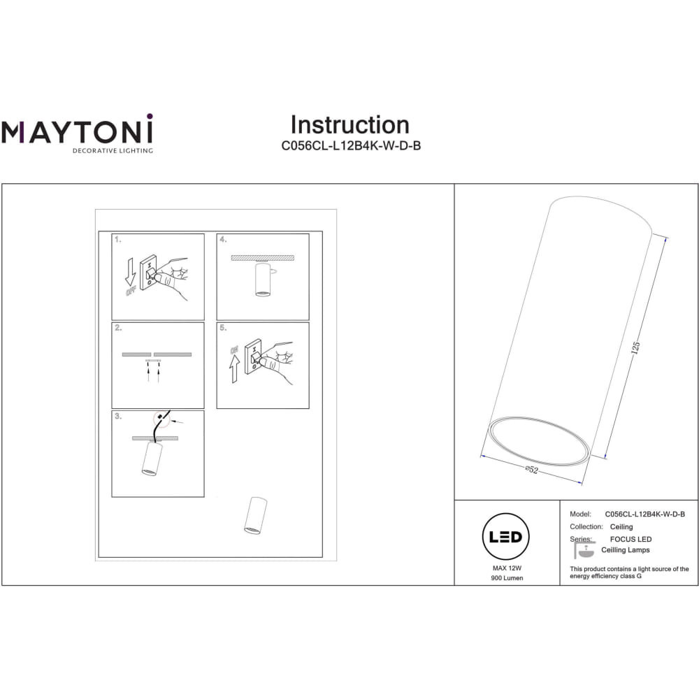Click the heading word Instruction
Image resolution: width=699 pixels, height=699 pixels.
click(350, 125)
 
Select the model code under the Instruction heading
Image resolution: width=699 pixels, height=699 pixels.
click(351, 146)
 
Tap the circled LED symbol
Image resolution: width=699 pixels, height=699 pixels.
click(505, 536)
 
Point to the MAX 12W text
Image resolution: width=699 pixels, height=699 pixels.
click(507, 568)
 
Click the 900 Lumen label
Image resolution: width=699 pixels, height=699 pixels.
click(507, 578)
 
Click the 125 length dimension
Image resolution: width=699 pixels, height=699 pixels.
click(635, 347)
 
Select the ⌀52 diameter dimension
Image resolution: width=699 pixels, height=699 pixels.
click(531, 470)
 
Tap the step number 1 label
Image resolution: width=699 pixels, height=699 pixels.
click(117, 239)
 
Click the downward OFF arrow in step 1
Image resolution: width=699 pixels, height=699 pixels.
click(130, 271)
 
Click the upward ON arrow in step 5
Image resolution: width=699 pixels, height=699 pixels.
click(234, 369)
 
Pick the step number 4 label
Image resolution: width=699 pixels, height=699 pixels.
click(223, 239)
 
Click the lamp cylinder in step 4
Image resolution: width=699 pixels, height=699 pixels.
click(262, 279)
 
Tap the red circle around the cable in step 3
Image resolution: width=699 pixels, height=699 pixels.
click(161, 419)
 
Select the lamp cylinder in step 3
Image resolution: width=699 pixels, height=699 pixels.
click(151, 459)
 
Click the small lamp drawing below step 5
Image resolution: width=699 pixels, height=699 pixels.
click(255, 515)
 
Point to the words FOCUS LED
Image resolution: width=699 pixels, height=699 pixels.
click(630, 539)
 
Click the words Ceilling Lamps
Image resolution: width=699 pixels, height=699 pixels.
click(625, 549)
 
